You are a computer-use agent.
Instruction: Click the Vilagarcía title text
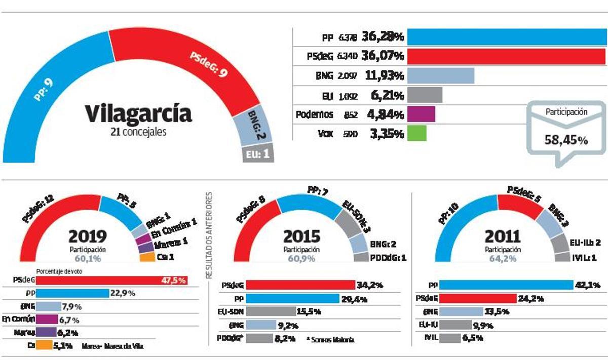(x=138, y=113)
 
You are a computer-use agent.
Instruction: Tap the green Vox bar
(x=416, y=133)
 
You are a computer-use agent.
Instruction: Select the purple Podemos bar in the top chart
(x=421, y=114)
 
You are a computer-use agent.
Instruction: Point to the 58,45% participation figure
(x=566, y=140)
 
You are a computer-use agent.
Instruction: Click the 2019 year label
(x=88, y=236)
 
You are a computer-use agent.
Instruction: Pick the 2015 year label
(x=301, y=236)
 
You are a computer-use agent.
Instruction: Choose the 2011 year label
(x=503, y=236)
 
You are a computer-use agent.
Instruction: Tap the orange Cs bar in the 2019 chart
(x=44, y=346)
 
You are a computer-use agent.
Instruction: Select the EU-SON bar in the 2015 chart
(x=271, y=311)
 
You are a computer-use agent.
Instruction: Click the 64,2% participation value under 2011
(x=503, y=258)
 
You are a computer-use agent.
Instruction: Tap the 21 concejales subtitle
(x=138, y=132)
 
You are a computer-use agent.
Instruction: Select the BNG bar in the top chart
(x=440, y=75)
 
